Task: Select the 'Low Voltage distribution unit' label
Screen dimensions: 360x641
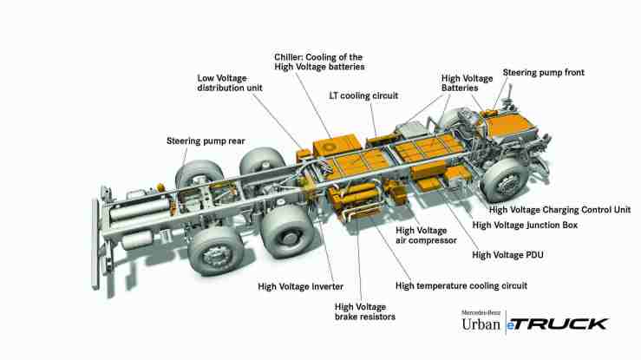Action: tap(233, 82)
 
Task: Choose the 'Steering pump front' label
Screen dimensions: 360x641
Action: tap(545, 73)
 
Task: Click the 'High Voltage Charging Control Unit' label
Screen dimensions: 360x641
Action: tap(559, 209)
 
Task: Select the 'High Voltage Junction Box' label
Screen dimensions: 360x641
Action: tap(536, 225)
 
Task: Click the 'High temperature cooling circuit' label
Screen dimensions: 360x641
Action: tap(461, 285)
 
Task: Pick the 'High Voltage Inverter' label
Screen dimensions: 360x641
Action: tap(300, 285)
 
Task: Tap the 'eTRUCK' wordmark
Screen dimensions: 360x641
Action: tap(559, 323)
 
